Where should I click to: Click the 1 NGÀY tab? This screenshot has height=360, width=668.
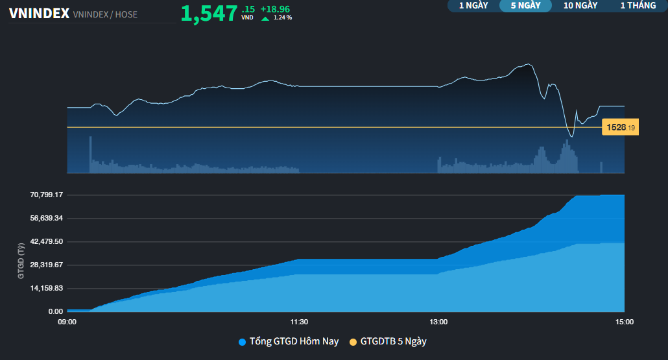pyautogui.click(x=473, y=6)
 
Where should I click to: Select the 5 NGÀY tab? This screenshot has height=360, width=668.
pyautogui.click(x=525, y=6)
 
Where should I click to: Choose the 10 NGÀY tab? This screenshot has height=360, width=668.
pyautogui.click(x=580, y=6)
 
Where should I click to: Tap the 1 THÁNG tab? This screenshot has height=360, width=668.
pyautogui.click(x=638, y=6)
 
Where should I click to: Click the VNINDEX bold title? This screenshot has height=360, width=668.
pyautogui.click(x=39, y=14)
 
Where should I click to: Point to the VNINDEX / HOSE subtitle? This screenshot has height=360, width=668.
pyautogui.click(x=105, y=14)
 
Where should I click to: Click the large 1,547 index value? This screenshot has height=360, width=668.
pyautogui.click(x=209, y=13)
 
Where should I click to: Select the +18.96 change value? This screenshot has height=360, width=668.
pyautogui.click(x=276, y=9)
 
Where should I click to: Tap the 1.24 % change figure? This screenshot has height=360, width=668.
pyautogui.click(x=283, y=18)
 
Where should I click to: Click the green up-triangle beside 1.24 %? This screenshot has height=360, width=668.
pyautogui.click(x=265, y=18)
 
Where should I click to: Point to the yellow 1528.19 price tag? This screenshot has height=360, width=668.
pyautogui.click(x=620, y=128)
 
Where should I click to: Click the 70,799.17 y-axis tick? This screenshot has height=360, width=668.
pyautogui.click(x=46, y=195)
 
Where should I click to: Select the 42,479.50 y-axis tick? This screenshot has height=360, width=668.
pyautogui.click(x=46, y=241)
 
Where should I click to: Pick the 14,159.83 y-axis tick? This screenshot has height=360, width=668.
pyautogui.click(x=46, y=288)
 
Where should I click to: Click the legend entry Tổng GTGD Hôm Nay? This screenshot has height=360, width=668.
pyautogui.click(x=294, y=341)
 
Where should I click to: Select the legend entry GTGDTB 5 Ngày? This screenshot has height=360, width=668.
pyautogui.click(x=393, y=341)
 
